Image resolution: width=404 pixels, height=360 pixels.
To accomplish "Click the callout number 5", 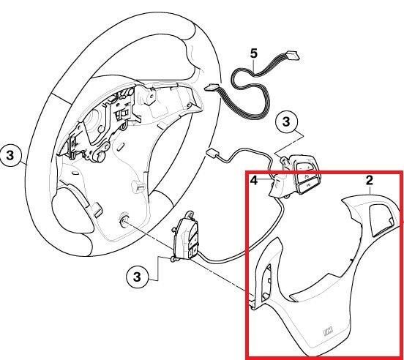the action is point(253,53).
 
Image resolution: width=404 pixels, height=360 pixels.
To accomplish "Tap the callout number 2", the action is point(369,180).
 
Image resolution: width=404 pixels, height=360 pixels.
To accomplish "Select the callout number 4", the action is point(254,181).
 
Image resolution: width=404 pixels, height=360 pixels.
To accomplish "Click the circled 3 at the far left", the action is point(10,156).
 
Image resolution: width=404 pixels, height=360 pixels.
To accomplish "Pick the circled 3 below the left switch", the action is point(137,277).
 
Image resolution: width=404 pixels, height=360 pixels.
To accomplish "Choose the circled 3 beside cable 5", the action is point(286,121).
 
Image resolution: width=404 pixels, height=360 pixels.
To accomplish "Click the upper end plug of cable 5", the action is point(292,56).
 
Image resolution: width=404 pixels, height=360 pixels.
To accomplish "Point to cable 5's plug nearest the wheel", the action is point(211,89).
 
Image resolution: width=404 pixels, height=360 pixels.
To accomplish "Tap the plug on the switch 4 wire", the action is point(212,153).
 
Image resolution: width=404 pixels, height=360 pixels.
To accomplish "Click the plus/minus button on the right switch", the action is point(304,168).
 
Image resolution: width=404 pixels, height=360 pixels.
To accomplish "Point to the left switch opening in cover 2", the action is point(267,282).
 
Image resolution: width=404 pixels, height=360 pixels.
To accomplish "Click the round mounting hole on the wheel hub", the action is point(124,220).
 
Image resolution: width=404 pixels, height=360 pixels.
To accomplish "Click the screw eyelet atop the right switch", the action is point(284,160).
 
